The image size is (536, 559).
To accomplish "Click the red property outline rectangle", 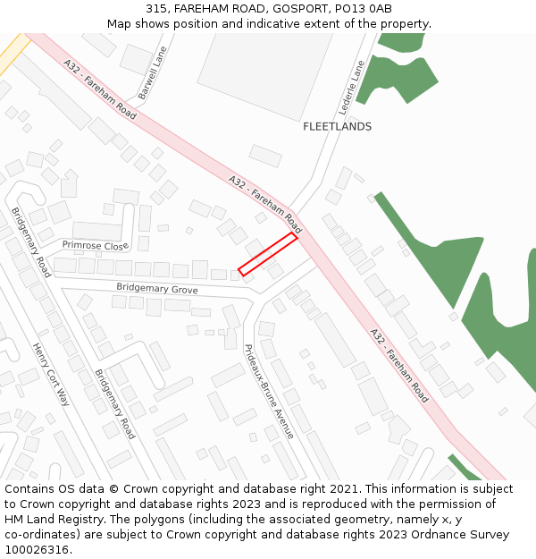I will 267,254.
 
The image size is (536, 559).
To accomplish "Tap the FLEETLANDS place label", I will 337,127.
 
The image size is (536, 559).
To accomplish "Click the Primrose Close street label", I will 95,245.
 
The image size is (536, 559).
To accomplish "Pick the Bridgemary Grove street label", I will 156,289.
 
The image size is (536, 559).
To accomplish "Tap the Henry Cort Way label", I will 51,374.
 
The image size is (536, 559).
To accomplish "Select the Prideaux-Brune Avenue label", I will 269,391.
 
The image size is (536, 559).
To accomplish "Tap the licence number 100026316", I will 37,550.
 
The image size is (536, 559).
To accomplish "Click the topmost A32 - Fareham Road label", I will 99,89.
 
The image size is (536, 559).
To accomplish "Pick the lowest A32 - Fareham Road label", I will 399,367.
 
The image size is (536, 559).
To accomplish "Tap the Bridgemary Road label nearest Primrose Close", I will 31,242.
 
